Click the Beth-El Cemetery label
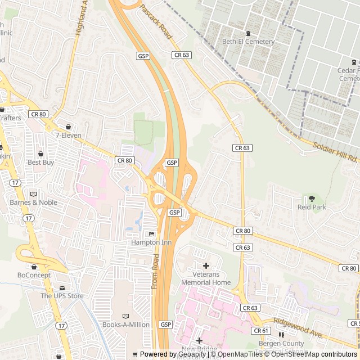pos(248,42)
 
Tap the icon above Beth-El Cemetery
pos(248,33)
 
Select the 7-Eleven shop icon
pos(69,127)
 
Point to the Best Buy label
pos(40,163)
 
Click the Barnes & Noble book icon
pos(33,193)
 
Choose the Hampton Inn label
pos(151,242)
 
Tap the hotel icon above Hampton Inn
pos(151,234)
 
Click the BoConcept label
pos(34,275)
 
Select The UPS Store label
pos(62,296)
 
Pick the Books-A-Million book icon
pos(125,316)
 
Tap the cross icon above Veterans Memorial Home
pos(205,265)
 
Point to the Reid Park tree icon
pos(312,199)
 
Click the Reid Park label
pos(312,207)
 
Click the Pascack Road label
pos(155,21)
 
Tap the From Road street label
pos(155,272)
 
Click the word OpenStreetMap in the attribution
pos(295,354)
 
